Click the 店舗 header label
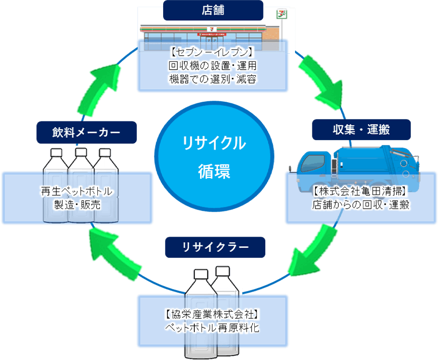point(213,10)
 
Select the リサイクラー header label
point(215,247)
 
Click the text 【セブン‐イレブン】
point(213,52)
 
